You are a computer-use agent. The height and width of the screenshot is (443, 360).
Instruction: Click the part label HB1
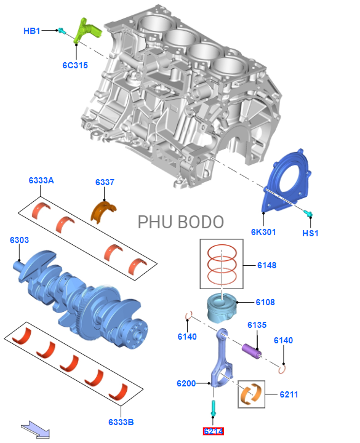(x=31, y=31)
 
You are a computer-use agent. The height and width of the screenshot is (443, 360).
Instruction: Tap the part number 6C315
(x=75, y=65)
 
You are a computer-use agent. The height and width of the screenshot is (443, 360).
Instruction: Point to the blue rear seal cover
(x=286, y=181)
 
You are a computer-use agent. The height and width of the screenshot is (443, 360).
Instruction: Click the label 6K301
(x=263, y=232)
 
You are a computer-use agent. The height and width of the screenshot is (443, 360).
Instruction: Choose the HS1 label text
(x=310, y=233)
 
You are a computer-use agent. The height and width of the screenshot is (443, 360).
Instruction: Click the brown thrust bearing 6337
(x=103, y=211)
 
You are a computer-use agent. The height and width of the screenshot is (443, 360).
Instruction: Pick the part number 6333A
(x=41, y=180)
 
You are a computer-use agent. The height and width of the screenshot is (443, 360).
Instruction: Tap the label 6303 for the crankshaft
(x=19, y=240)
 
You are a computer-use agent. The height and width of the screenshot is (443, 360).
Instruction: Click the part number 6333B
(x=121, y=422)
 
